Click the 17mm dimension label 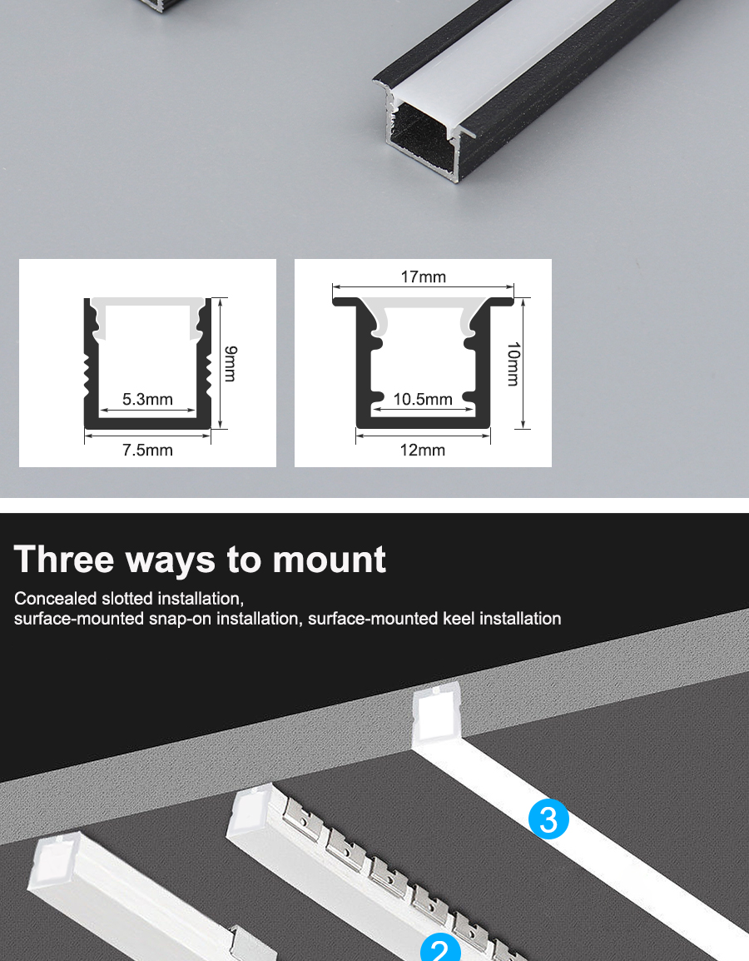click(424, 277)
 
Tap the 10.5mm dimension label click(423, 400)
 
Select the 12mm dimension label click(423, 451)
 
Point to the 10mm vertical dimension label click(513, 364)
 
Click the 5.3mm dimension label click(147, 400)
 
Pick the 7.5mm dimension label click(147, 451)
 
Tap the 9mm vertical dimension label click(230, 363)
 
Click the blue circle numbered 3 click(548, 819)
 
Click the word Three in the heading click(64, 559)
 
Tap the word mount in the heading click(329, 560)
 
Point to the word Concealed click(56, 598)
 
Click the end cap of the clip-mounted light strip click(252, 811)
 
